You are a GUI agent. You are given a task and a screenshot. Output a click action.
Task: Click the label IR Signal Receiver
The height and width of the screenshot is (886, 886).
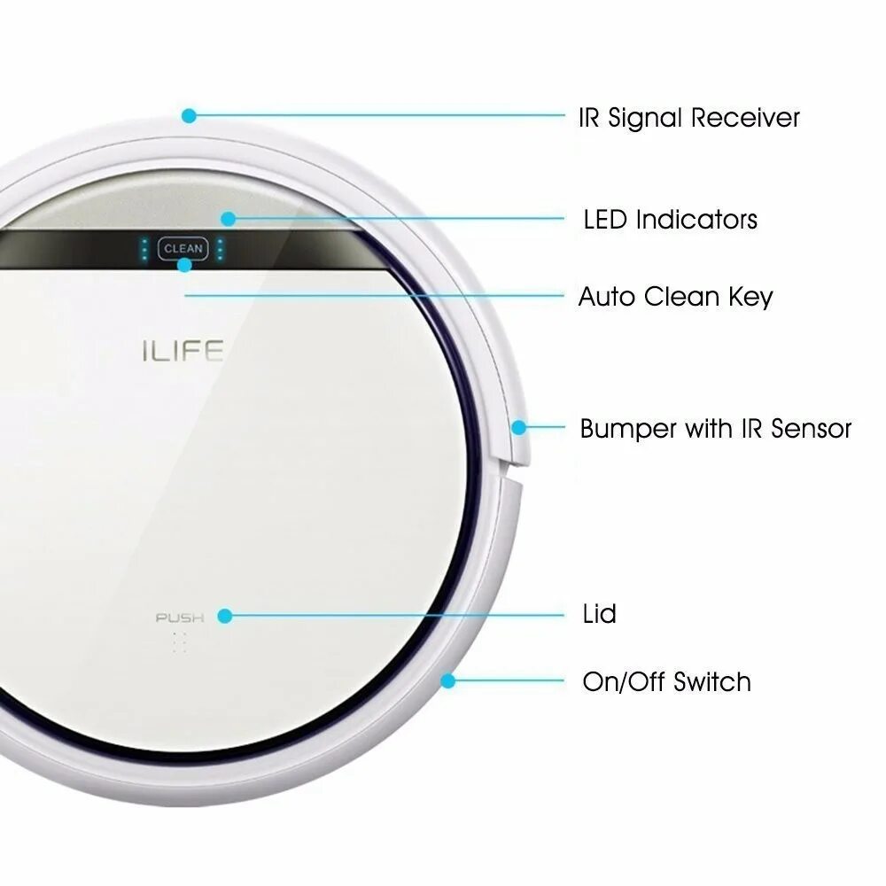(688, 118)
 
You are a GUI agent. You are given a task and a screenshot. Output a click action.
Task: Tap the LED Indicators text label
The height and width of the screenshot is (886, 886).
(670, 219)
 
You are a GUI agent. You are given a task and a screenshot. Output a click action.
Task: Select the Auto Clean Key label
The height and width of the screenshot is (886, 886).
(675, 296)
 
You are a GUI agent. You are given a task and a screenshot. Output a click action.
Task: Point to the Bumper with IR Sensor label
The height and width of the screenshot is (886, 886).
(715, 429)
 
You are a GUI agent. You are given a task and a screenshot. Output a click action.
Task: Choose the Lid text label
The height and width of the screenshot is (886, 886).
(599, 613)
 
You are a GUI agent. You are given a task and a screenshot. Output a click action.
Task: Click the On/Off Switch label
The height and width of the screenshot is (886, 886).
(666, 682)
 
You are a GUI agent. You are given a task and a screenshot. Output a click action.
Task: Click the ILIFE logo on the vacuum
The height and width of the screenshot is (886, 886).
(182, 352)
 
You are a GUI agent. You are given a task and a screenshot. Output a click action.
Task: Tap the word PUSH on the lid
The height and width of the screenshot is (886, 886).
(180, 618)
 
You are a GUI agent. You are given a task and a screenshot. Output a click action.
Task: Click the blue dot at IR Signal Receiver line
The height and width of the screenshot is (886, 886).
(188, 115)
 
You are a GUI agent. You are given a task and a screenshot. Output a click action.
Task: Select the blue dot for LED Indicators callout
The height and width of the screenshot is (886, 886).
(228, 218)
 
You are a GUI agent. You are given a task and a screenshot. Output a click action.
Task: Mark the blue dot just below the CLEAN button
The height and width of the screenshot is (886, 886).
(184, 265)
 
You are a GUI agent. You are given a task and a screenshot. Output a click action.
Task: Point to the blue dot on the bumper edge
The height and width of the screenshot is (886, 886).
(518, 427)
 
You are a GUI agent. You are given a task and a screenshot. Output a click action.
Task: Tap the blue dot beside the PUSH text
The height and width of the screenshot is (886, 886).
(225, 616)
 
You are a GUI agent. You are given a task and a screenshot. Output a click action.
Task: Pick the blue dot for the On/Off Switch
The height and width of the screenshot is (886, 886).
(448, 681)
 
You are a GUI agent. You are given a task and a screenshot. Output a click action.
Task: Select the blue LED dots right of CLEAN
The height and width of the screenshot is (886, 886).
(220, 249)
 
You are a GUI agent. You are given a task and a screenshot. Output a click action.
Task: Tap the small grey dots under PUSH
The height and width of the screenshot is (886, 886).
(180, 643)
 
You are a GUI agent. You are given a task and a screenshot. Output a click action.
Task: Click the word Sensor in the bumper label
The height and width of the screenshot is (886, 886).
(811, 429)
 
